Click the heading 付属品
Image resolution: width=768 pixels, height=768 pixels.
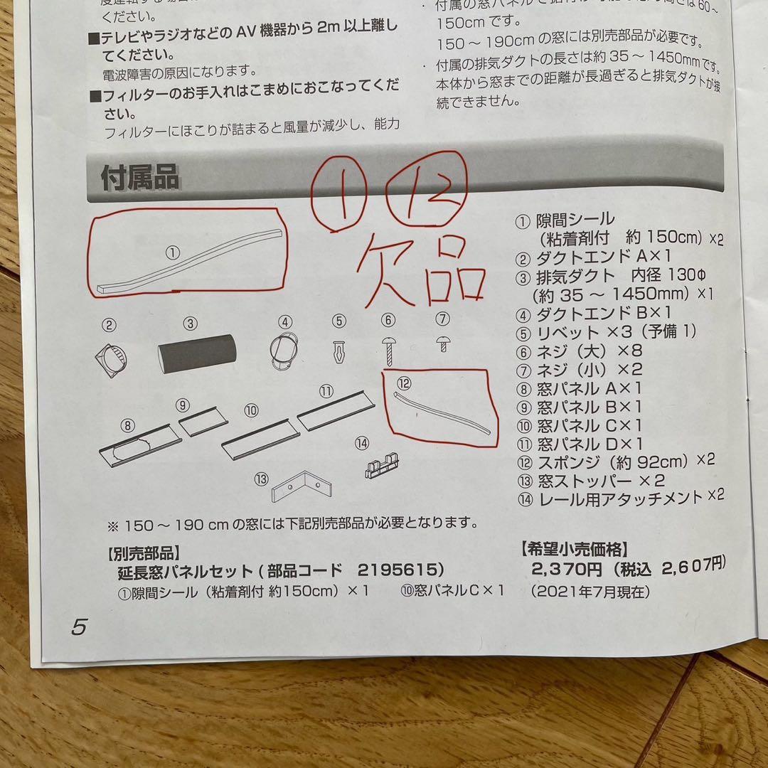tap(140, 178)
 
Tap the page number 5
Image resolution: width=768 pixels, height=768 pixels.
tap(78, 626)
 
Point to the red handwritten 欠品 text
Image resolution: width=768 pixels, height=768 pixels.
tap(420, 274)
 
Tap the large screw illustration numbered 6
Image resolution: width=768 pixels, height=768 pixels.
tap(389, 349)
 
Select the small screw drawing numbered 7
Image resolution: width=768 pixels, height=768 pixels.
tap(443, 343)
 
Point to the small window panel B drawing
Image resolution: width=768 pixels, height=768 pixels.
tap(203, 422)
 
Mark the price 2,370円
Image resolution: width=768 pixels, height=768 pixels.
tap(567, 569)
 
